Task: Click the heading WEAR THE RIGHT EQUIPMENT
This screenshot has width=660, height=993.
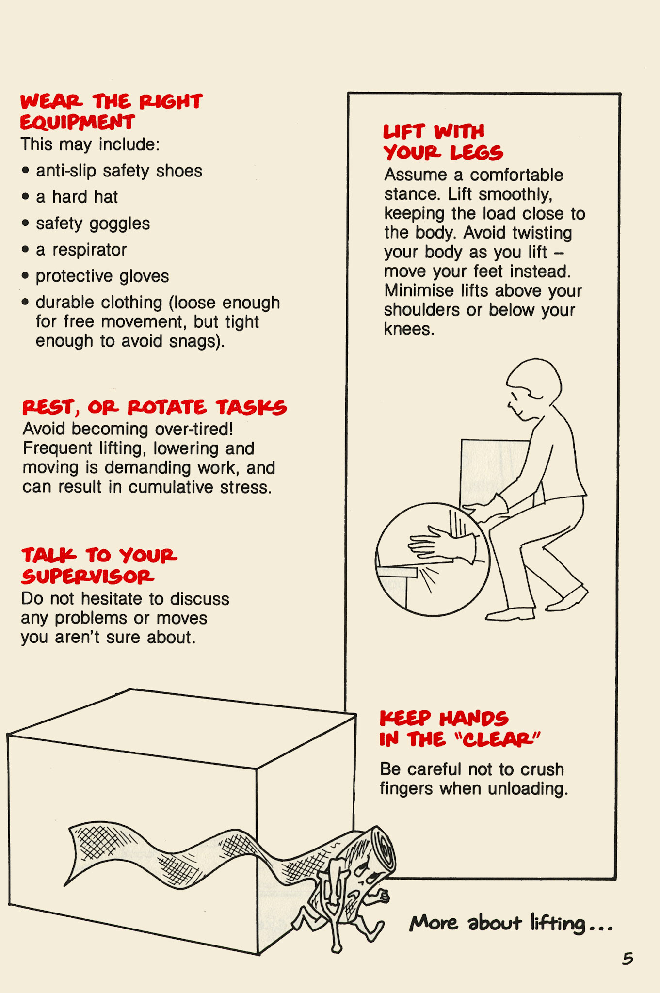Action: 111,112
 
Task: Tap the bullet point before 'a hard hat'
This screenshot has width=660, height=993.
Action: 26,197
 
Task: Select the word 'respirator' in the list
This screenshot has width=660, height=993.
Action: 89,250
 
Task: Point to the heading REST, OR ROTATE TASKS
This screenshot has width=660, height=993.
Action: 154,407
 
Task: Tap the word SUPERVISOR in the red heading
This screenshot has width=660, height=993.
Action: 88,577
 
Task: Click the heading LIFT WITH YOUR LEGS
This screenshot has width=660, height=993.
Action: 442,142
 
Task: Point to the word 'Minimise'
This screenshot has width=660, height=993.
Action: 412,290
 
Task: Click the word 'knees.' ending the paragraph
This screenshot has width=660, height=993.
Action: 409,329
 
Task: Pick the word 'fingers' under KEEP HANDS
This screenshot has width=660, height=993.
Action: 406,789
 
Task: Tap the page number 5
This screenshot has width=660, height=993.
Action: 628,959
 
